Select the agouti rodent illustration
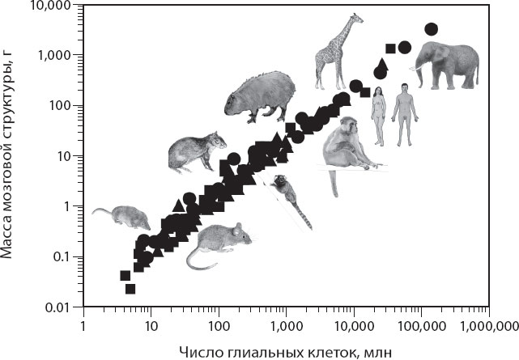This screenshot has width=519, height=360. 194,152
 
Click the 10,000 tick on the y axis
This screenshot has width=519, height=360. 83,5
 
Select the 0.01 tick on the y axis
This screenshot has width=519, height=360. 83,307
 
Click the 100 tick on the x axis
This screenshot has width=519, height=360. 218,307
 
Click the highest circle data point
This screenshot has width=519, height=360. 432,29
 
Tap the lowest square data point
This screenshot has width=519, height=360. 130,289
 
